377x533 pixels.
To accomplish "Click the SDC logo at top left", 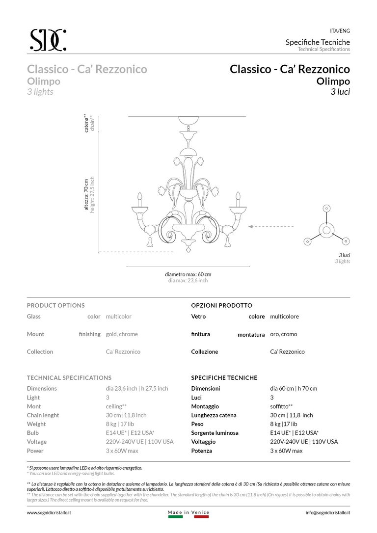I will [47, 40].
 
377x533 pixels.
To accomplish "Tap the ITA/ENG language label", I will [340, 30].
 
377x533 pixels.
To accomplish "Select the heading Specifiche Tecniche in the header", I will [318, 42].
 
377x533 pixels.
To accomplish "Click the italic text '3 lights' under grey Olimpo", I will [40, 92].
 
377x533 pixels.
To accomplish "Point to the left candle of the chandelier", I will [139, 200].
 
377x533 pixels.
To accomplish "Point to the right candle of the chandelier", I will [238, 200].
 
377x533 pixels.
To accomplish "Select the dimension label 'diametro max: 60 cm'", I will [188, 274].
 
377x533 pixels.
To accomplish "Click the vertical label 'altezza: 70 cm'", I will [86, 195].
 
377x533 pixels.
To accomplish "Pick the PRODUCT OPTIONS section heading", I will [55, 305].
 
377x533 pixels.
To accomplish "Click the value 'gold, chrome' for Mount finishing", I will [122, 334].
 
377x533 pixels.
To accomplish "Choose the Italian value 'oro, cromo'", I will [283, 334].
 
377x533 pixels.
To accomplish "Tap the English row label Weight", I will [36, 424].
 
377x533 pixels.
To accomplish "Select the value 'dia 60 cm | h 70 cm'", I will [294, 389].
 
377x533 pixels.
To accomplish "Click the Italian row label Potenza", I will [202, 451].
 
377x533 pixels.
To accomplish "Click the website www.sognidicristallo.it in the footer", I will [49, 512].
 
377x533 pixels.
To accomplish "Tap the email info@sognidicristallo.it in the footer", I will [327, 512].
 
